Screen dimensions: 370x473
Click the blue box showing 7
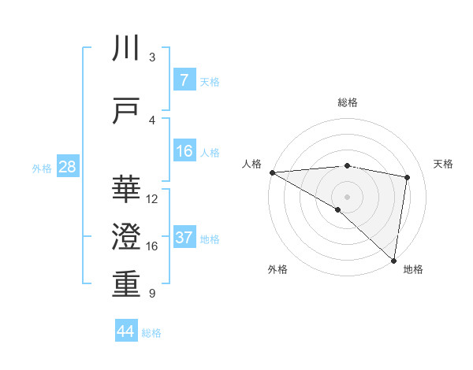click(184, 80)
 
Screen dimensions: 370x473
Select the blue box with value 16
click(184, 151)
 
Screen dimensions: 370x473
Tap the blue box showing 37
click(184, 238)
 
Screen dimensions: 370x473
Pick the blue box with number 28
click(67, 167)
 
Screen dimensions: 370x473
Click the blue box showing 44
click(125, 331)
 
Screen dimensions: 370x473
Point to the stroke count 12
click(152, 199)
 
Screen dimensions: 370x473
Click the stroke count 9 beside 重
click(151, 294)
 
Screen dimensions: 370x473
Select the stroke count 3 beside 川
click(151, 57)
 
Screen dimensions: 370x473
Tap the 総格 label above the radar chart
click(347, 102)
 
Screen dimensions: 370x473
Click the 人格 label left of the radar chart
click(252, 164)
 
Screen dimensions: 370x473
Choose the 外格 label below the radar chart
click(277, 269)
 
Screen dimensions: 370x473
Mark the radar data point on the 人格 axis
click(272, 172)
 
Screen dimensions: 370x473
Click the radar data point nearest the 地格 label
click(393, 260)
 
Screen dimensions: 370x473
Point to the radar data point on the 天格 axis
click(408, 177)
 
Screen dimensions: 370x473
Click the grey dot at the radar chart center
click(347, 195)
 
